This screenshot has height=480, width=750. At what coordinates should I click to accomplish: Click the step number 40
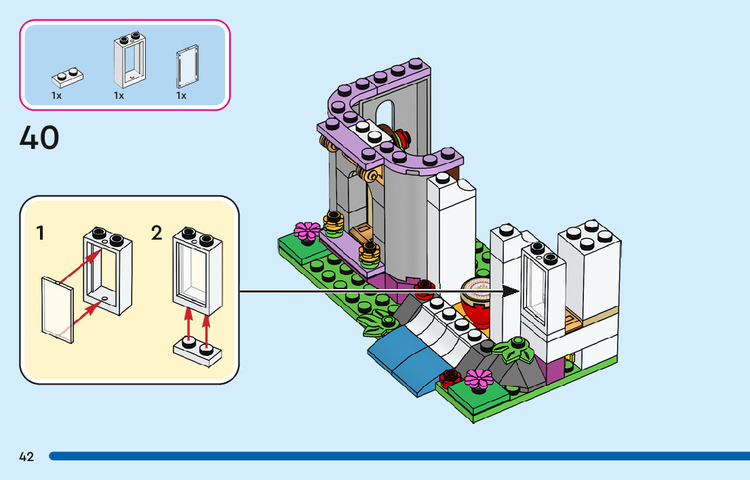(x=39, y=138)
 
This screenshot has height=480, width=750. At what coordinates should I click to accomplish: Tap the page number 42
(x=26, y=457)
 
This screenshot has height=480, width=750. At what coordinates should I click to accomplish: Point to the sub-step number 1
(x=41, y=234)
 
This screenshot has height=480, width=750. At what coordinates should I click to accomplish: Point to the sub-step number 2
(x=157, y=234)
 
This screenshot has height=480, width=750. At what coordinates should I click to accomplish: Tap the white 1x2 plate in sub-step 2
(x=197, y=351)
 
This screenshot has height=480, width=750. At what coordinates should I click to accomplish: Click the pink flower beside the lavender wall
(x=307, y=230)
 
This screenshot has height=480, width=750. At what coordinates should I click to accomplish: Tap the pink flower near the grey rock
(x=479, y=378)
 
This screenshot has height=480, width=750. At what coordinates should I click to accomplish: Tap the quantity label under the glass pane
(x=181, y=96)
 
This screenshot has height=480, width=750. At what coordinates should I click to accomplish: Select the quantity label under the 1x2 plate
(x=56, y=96)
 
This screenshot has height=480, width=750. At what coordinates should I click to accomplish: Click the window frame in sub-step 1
(x=108, y=271)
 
